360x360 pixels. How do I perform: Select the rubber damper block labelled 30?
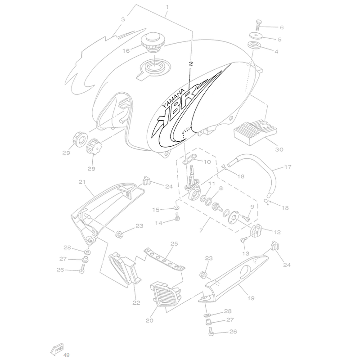[255, 132]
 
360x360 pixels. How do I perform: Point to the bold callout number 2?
[191, 63]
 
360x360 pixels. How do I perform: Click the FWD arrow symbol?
[57, 349]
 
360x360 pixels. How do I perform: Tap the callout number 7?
[201, 230]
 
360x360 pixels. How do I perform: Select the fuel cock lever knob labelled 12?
[255, 230]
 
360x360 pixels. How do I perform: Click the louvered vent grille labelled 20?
[165, 294]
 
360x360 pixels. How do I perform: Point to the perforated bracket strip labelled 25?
[165, 260]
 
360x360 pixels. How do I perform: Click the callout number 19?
[251, 298]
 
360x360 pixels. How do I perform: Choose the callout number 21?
[82, 182]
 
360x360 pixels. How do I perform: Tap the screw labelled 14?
[177, 217]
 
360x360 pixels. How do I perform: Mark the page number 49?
[66, 355]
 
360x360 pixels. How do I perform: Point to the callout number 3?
[123, 19]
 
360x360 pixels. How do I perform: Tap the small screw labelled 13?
[243, 240]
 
